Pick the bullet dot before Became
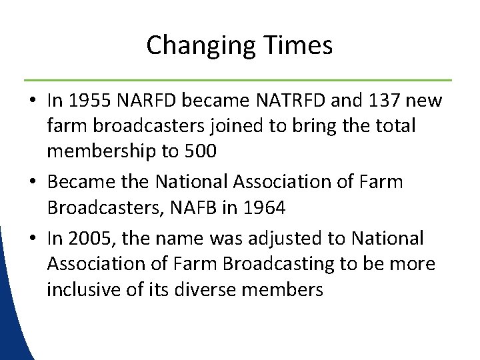click(33, 182)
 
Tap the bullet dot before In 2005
click(33, 239)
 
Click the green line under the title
click(240, 79)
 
